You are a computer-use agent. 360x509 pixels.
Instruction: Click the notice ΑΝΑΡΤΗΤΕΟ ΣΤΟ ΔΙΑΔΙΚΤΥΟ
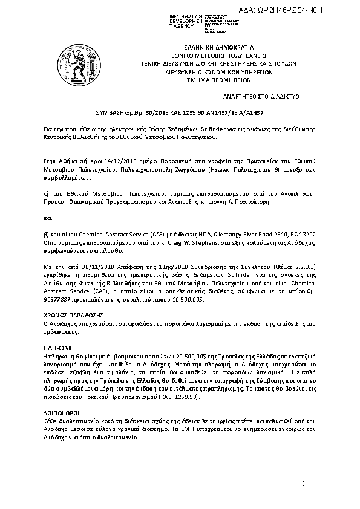click(x=266, y=96)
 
